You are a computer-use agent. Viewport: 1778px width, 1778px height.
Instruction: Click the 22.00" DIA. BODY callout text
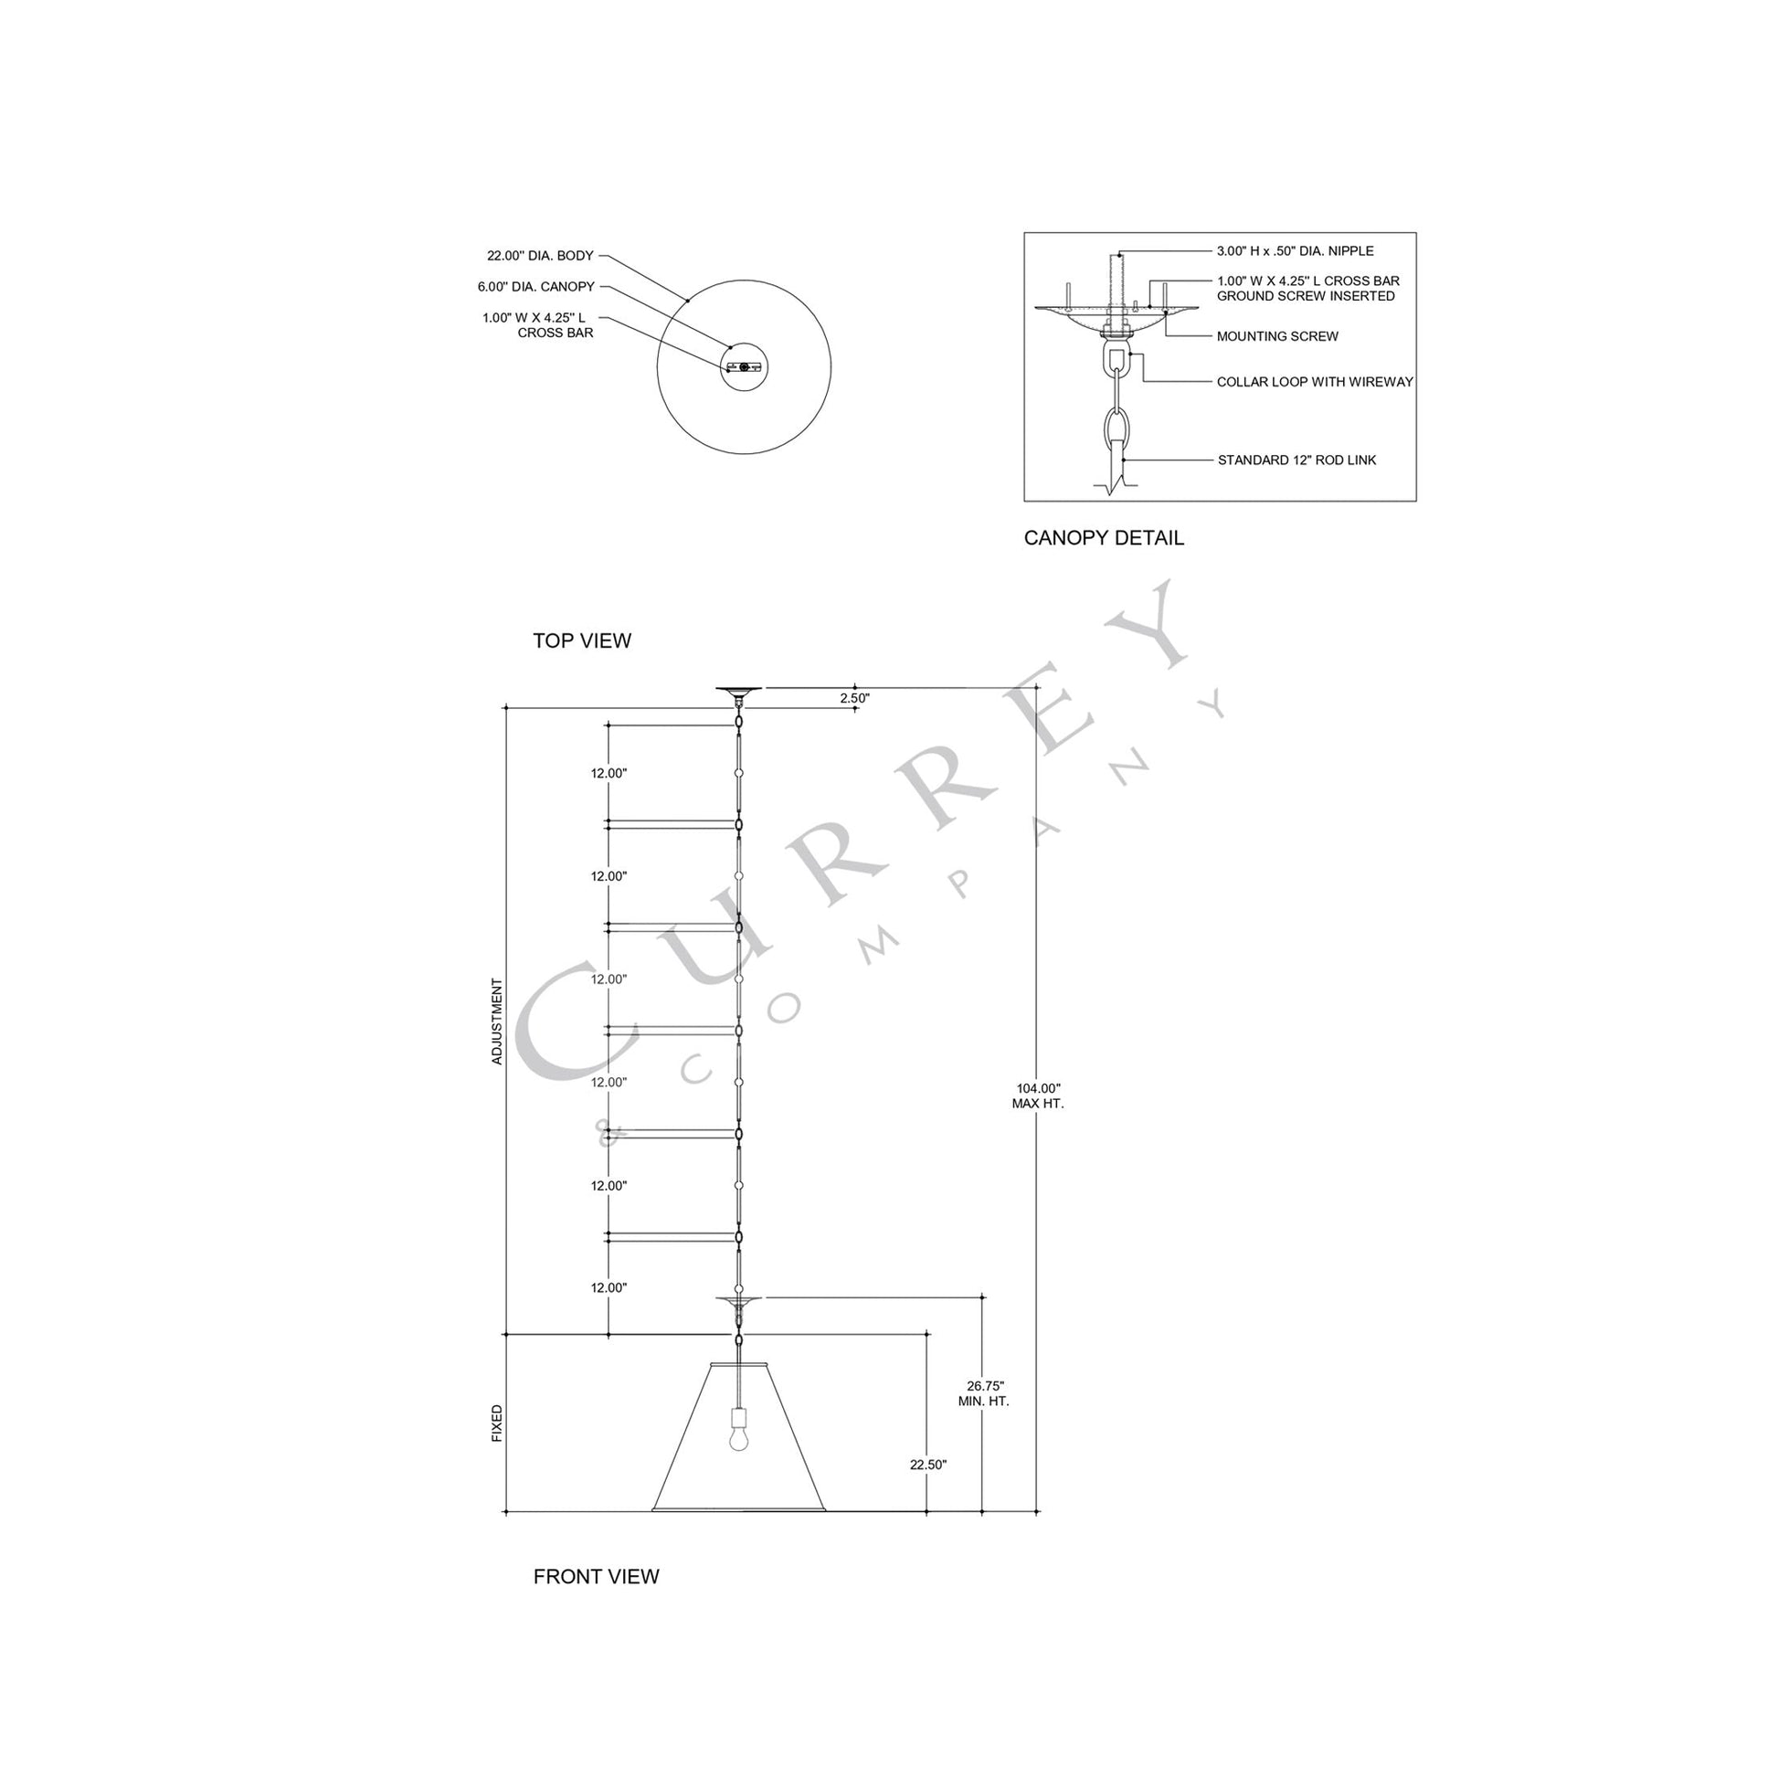coord(540,256)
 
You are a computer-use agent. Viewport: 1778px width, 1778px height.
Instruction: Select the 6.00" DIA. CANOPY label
coord(535,287)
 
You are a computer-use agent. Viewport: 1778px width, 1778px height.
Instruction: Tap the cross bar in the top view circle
coord(744,367)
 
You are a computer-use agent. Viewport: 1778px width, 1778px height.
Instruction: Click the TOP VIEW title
coord(582,640)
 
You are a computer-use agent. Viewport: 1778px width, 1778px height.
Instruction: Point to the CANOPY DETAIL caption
coord(1104,538)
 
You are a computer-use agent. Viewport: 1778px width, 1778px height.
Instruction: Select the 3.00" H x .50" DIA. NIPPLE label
coord(1295,251)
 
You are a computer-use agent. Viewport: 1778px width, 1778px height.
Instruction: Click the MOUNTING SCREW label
coord(1276,337)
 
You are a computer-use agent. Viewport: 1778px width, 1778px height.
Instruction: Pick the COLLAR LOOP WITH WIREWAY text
coord(1314,382)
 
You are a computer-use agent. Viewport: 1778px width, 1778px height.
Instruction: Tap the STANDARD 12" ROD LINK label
coord(1296,460)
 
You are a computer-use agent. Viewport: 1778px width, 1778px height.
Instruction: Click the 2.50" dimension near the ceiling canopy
coord(854,698)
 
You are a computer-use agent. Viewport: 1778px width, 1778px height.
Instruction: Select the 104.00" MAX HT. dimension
coord(1038,1095)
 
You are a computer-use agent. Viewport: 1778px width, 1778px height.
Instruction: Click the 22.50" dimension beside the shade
coord(927,1465)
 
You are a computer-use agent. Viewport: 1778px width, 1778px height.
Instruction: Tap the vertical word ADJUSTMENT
coord(498,1021)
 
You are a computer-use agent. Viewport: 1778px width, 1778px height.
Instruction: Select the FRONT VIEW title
coord(597,1576)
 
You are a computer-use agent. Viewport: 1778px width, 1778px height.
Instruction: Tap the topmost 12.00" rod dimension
coord(609,774)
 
